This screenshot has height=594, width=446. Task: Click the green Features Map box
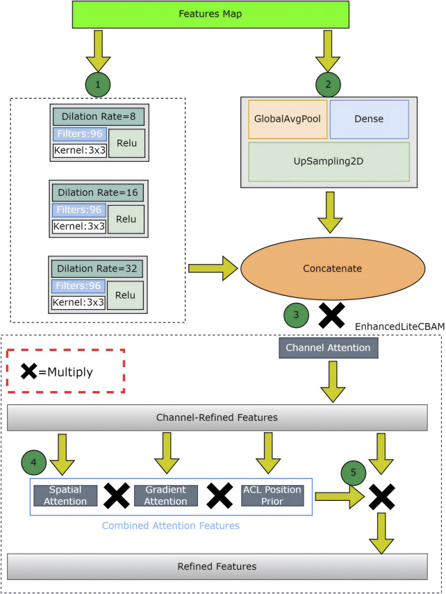pyautogui.click(x=210, y=15)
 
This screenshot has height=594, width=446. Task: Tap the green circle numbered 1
pyautogui.click(x=98, y=84)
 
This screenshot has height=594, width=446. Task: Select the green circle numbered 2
pyautogui.click(x=328, y=84)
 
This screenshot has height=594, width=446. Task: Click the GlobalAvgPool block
pyautogui.click(x=288, y=119)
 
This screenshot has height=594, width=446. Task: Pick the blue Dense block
pyautogui.click(x=369, y=119)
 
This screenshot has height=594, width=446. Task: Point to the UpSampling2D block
pyautogui.click(x=329, y=162)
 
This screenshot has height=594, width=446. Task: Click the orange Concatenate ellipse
pyautogui.click(x=332, y=268)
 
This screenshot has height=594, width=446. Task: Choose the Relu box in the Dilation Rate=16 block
pyautogui.click(x=126, y=219)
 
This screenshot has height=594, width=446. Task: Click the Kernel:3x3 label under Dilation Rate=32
pyautogui.click(x=78, y=302)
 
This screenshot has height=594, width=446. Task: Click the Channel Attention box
pyautogui.click(x=328, y=347)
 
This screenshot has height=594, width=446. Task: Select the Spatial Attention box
pyautogui.click(x=65, y=495)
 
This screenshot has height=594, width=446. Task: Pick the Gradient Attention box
pyautogui.click(x=165, y=495)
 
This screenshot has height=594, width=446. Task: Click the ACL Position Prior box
pyautogui.click(x=272, y=495)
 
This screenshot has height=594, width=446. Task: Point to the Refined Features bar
pyautogui.click(x=217, y=566)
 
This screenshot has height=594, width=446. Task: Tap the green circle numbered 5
pyautogui.click(x=354, y=472)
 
